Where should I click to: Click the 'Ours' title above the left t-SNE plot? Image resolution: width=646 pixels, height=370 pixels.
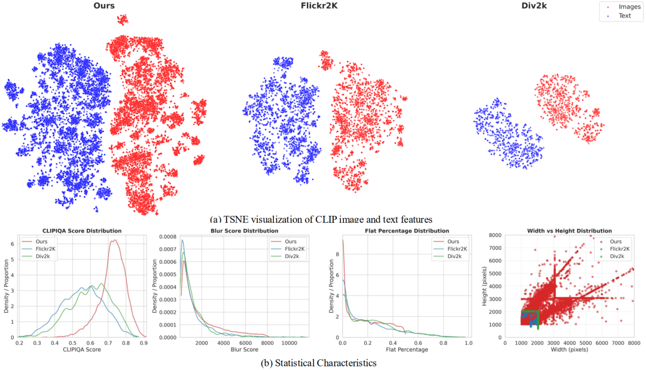pyautogui.click(x=104, y=7)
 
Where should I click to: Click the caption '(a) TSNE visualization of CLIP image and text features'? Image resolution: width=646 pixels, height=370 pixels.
pyautogui.click(x=322, y=219)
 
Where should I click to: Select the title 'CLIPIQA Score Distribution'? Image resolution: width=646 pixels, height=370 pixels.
pyautogui.click(x=81, y=231)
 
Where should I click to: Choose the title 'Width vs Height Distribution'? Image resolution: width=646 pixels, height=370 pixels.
pyautogui.click(x=569, y=231)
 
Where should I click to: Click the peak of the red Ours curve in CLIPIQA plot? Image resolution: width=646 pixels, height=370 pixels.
pyautogui.click(x=113, y=240)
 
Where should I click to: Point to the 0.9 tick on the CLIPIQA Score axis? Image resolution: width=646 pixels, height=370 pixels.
pyautogui.click(x=143, y=343)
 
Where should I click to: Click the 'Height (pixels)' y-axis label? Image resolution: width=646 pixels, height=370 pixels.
pyautogui.click(x=485, y=286)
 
